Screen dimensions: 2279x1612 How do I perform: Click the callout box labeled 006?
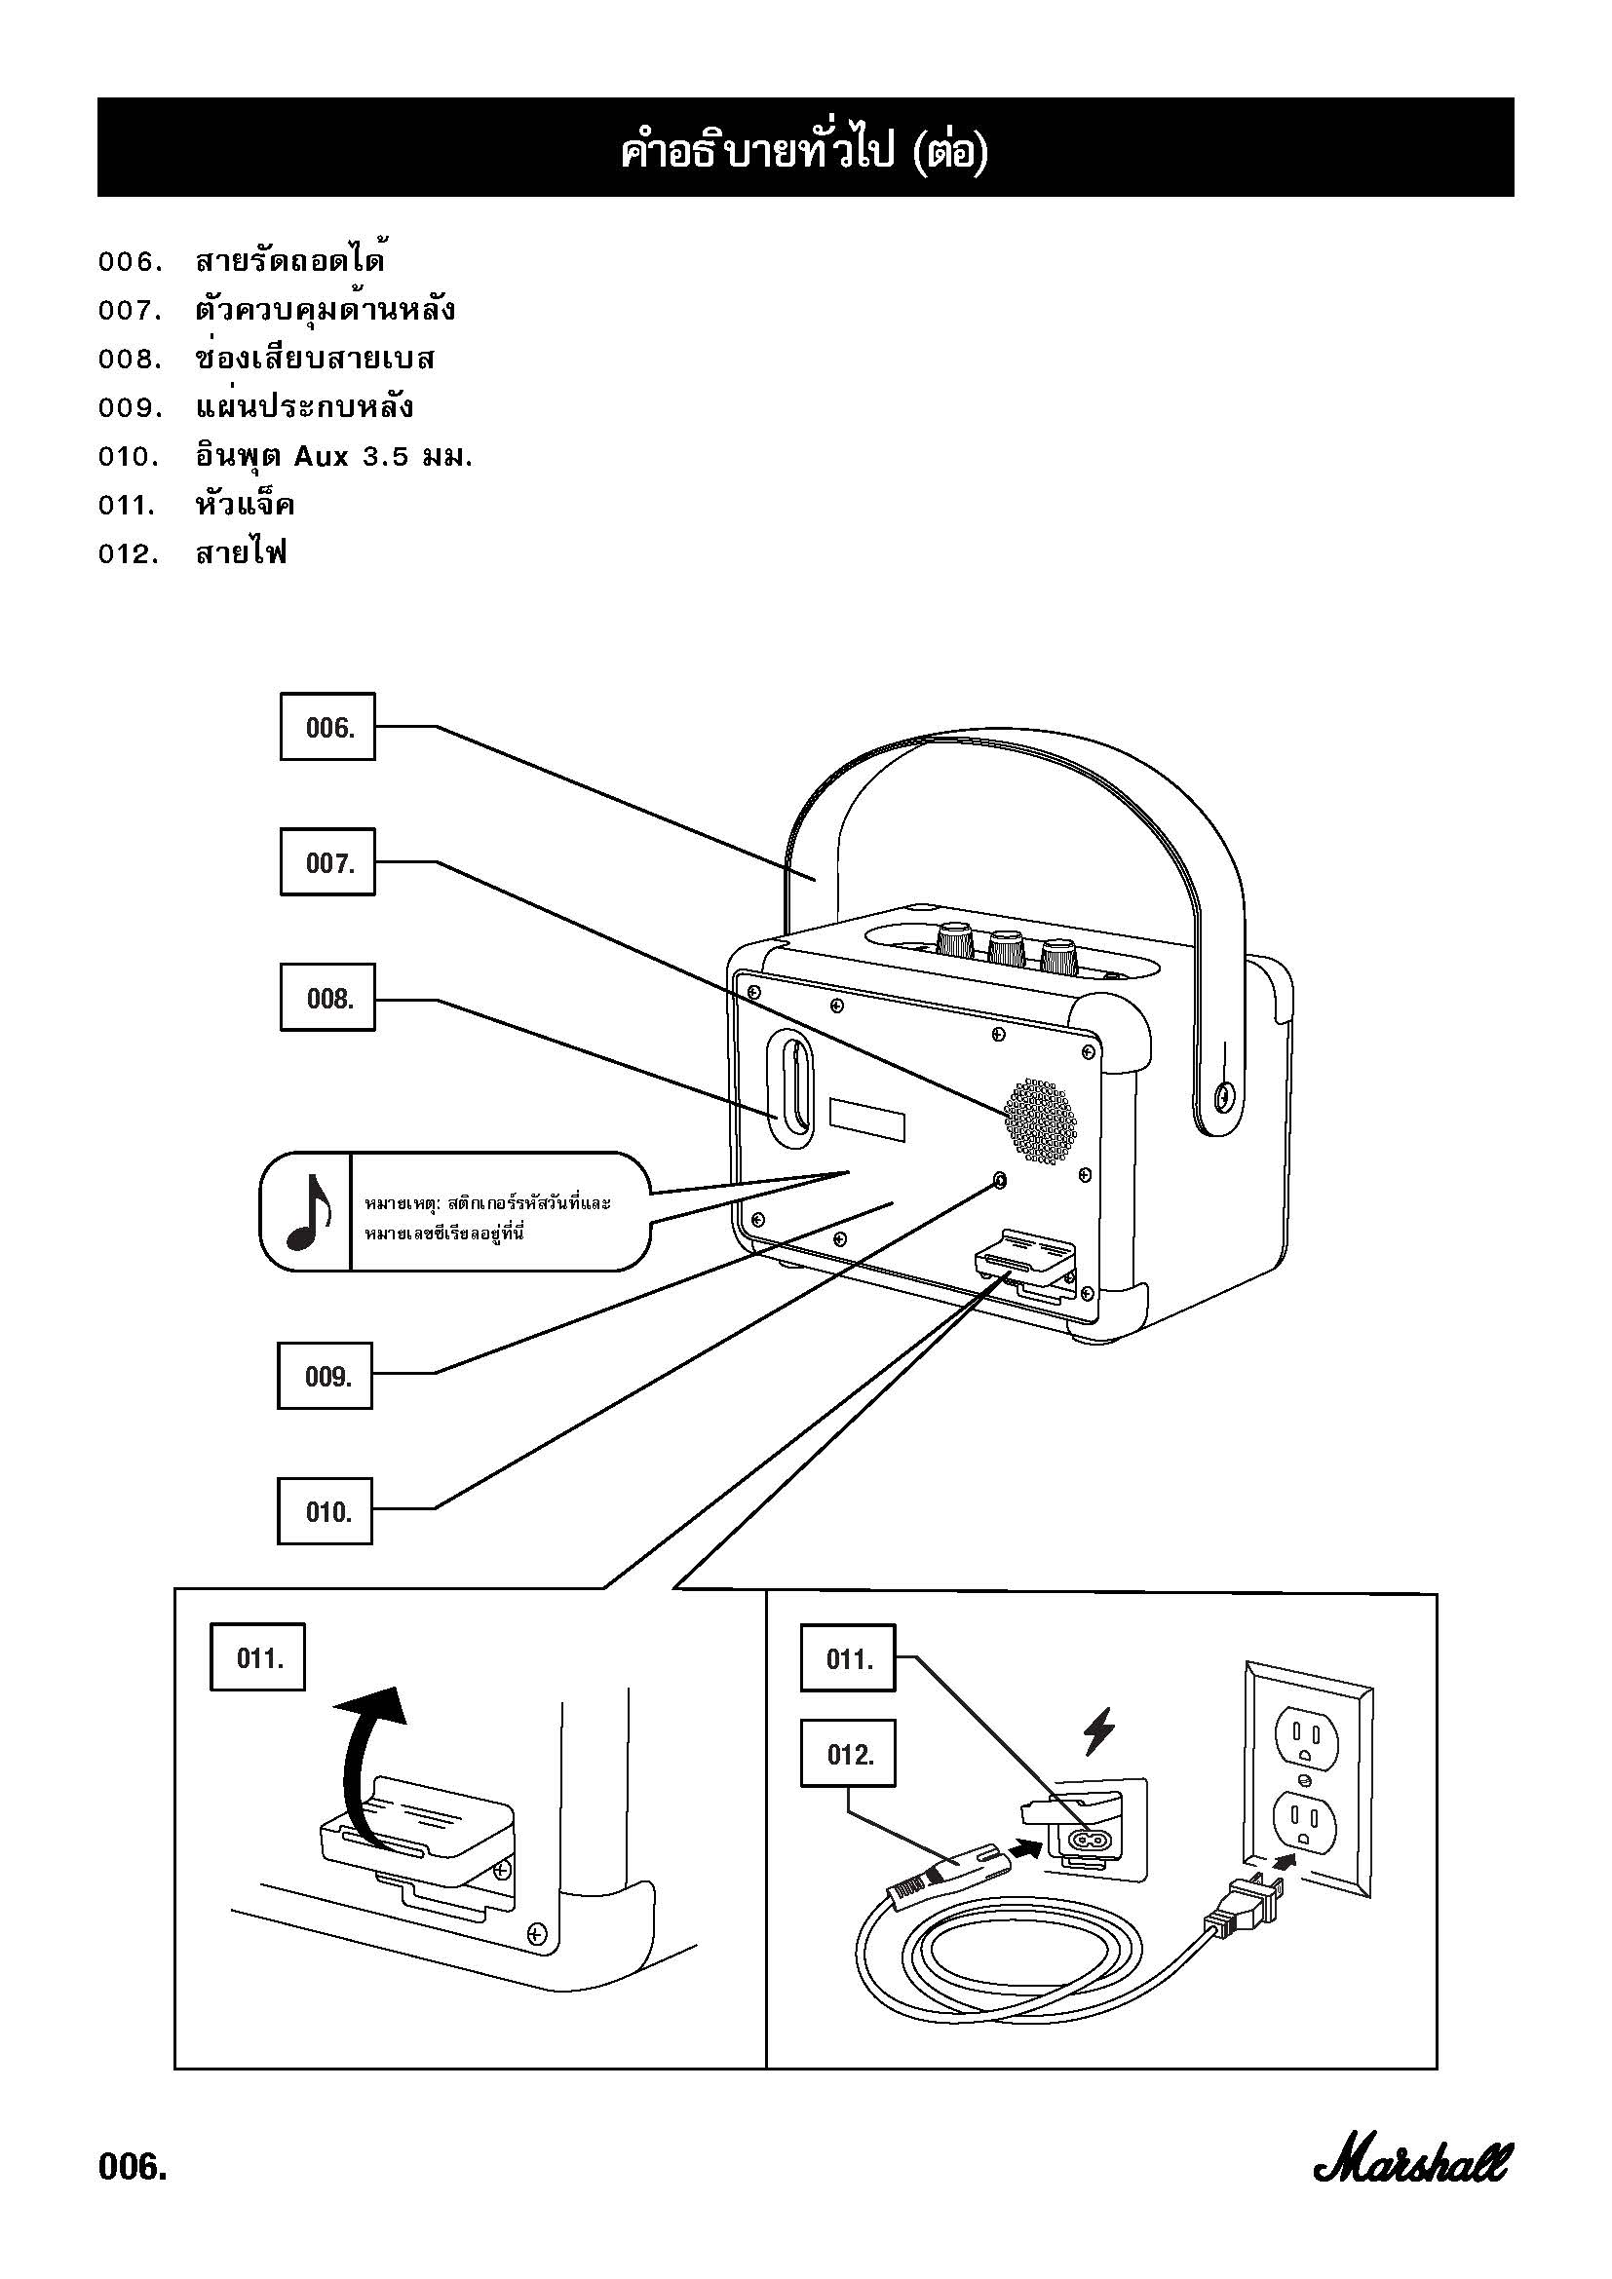327,727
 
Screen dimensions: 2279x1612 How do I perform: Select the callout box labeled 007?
327,861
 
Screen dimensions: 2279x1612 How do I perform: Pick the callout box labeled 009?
325,1375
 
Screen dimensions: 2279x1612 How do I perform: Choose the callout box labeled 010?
325,1511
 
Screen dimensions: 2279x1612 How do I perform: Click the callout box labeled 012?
848,1754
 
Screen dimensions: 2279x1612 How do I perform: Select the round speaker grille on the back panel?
1040,1120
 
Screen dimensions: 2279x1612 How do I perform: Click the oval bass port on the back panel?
795,1093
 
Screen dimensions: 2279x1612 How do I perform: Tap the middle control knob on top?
1006,948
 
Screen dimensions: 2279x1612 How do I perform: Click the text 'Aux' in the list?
321,457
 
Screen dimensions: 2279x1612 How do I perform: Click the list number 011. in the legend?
128,506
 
